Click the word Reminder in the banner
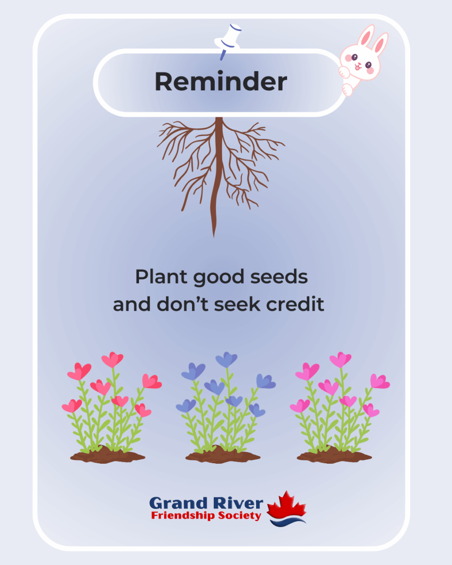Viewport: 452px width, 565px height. click(220, 81)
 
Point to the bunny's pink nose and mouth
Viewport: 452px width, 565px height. click(358, 66)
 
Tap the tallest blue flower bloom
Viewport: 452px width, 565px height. click(226, 360)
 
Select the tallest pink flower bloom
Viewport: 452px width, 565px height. click(340, 360)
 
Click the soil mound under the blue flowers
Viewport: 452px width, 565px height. click(223, 455)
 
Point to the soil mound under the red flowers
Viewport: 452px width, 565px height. click(108, 455)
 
